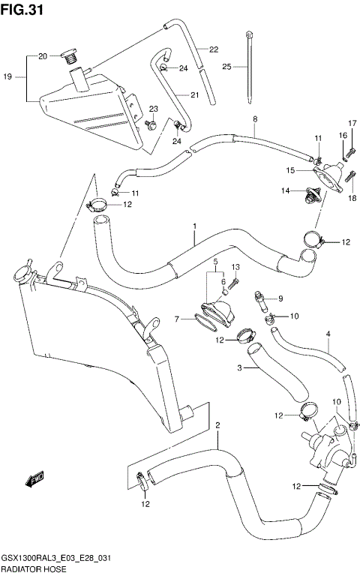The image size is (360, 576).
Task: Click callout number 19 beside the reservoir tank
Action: tap(8, 77)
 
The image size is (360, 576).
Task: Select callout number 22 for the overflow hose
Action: tap(214, 50)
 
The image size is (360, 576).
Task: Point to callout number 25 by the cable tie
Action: tap(226, 67)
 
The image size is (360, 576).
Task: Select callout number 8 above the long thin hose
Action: tap(255, 119)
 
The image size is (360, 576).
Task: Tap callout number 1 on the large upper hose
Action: tap(194, 226)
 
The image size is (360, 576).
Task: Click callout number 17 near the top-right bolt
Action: tap(351, 123)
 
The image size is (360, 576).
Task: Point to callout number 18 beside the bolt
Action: tap(351, 198)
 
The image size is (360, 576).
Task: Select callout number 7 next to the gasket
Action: tap(178, 319)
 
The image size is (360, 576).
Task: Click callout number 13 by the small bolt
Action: tap(235, 268)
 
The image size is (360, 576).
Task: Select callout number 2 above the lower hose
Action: tap(217, 427)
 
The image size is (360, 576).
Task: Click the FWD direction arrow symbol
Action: tap(35, 478)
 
